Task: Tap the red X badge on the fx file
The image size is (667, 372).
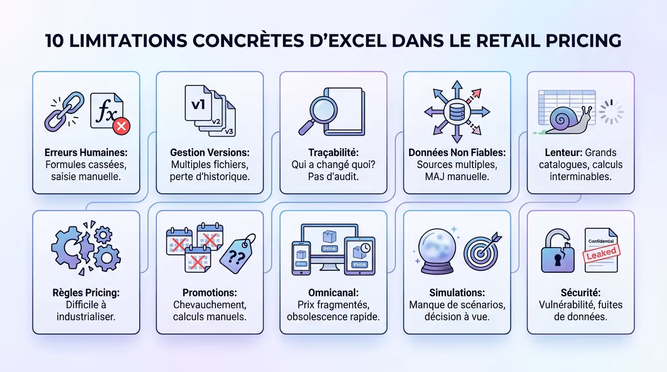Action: [121, 127]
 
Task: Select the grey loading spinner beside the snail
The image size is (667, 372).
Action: [611, 112]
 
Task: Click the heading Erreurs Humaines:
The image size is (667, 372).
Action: [86, 153]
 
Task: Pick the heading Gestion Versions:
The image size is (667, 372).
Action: [209, 153]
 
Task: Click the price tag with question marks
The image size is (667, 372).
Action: [238, 254]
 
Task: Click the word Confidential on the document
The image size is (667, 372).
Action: [601, 241]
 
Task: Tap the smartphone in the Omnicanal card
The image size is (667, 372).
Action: [301, 258]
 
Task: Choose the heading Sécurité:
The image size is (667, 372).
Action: [580, 293]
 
